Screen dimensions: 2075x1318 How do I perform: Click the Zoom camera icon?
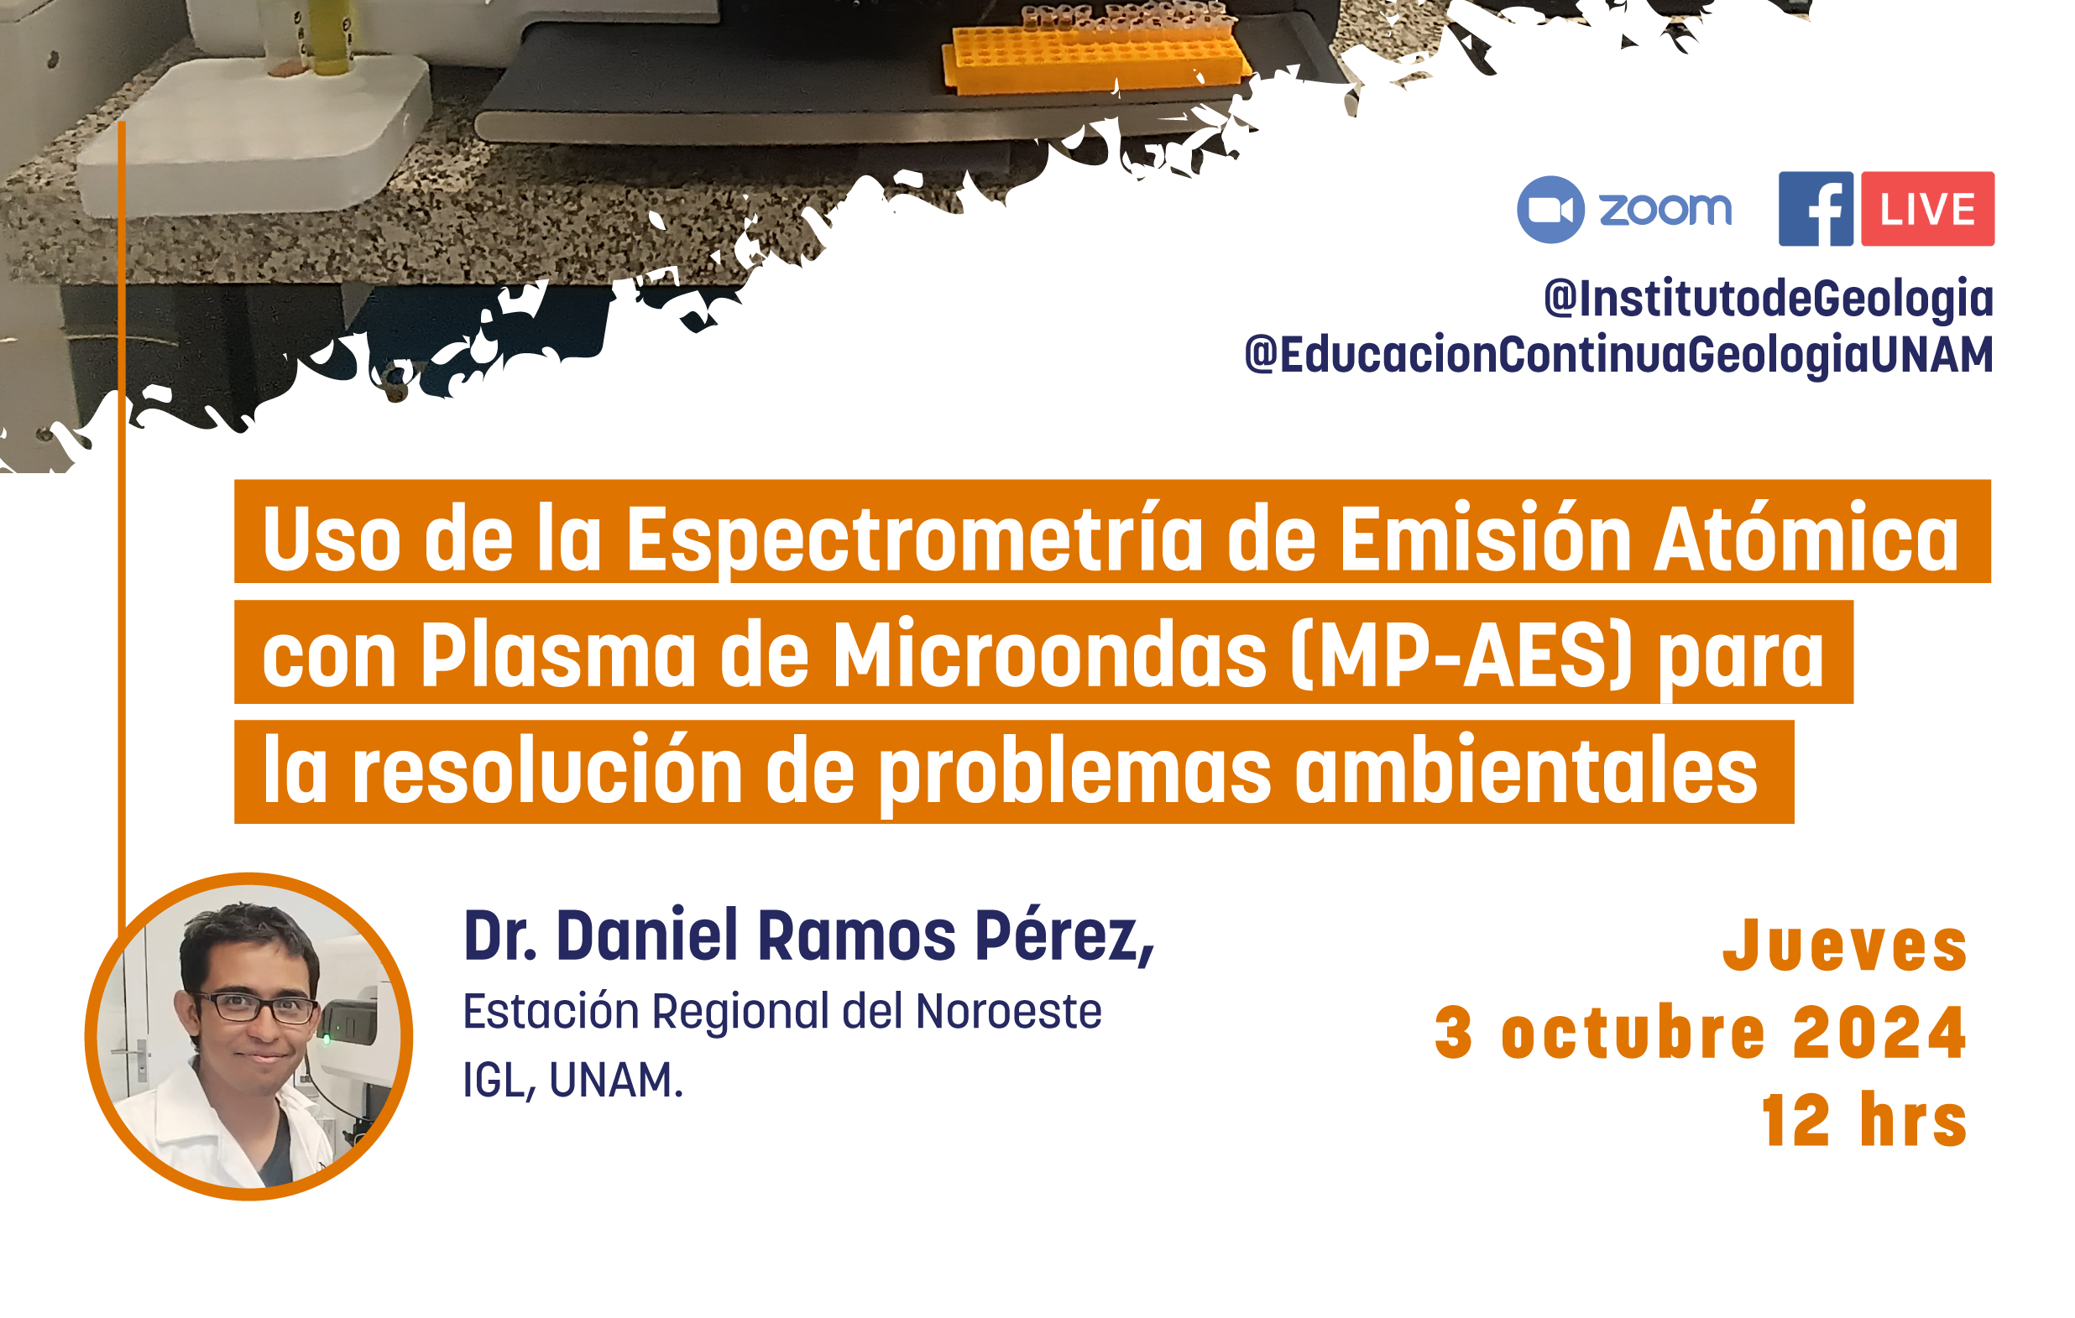[1550, 210]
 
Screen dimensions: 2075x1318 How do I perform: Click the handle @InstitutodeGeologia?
[1769, 299]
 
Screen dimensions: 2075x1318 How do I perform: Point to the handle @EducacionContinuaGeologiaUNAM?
[1619, 356]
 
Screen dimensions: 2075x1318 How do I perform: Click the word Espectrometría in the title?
[914, 539]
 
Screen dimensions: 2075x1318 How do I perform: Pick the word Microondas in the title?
[1049, 654]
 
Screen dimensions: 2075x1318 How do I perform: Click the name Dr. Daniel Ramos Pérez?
[808, 935]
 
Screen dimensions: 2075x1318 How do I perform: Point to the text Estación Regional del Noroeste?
[782, 1011]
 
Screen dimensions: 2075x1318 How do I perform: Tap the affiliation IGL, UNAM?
[573, 1080]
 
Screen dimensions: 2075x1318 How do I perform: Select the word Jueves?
[1845, 946]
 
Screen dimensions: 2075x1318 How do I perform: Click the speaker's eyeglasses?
[256, 1007]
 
